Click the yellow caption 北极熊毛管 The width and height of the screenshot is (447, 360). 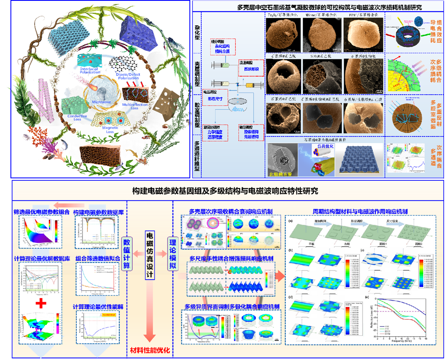(278, 172)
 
